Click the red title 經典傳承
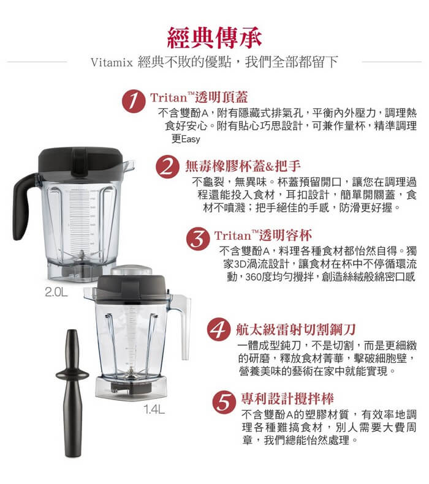click(x=214, y=38)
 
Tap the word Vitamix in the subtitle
click(x=112, y=62)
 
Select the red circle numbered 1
click(x=134, y=101)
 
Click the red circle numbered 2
click(x=167, y=166)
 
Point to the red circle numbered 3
click(x=198, y=239)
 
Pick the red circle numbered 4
click(x=219, y=329)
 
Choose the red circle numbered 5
click(x=224, y=402)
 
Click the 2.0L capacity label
click(x=56, y=292)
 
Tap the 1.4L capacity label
click(x=154, y=409)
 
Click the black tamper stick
click(x=72, y=393)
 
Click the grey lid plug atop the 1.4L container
click(x=132, y=270)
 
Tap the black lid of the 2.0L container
click(x=81, y=161)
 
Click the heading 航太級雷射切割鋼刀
click(x=296, y=330)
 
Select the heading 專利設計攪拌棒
click(x=287, y=398)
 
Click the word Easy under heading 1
click(x=191, y=140)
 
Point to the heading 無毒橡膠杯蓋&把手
click(x=243, y=166)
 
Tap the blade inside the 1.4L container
click(x=131, y=374)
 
